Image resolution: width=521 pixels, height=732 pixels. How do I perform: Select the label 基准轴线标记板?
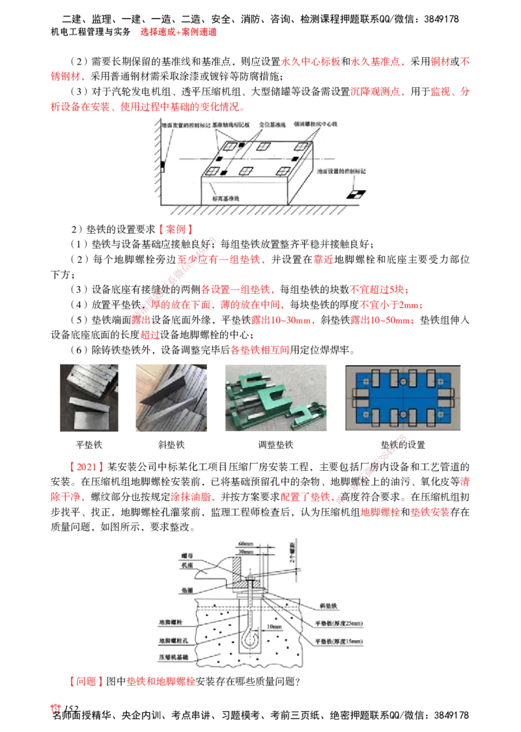point(228,123)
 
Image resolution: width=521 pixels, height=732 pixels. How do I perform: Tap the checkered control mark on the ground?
point(356,193)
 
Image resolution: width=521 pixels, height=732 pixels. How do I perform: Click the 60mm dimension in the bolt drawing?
point(246,542)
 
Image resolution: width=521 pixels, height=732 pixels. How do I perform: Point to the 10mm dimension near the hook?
point(273,626)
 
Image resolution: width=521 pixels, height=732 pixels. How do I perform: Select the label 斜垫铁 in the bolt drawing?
point(327,605)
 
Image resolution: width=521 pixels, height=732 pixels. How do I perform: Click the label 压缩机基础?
point(171,658)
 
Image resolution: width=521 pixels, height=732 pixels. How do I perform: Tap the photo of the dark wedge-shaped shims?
point(171,395)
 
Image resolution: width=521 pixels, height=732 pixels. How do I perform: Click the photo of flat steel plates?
point(88,395)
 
